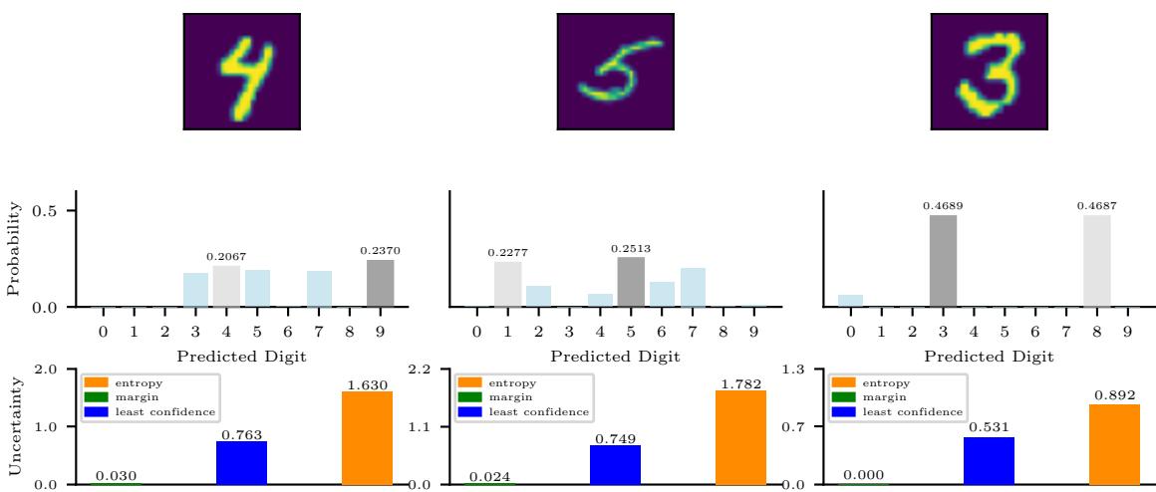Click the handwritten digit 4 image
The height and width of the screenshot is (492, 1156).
242,72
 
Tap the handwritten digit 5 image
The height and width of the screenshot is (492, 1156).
616,72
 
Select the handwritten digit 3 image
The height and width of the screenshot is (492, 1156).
990,72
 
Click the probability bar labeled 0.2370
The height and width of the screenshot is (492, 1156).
380,284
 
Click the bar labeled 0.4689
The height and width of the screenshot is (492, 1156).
943,261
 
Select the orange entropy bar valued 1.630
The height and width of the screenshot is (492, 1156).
367,438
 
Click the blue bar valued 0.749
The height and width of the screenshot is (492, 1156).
615,464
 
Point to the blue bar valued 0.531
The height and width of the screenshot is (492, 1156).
990,460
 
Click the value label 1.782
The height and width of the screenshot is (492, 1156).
739,383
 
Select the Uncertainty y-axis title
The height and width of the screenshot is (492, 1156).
13,426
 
